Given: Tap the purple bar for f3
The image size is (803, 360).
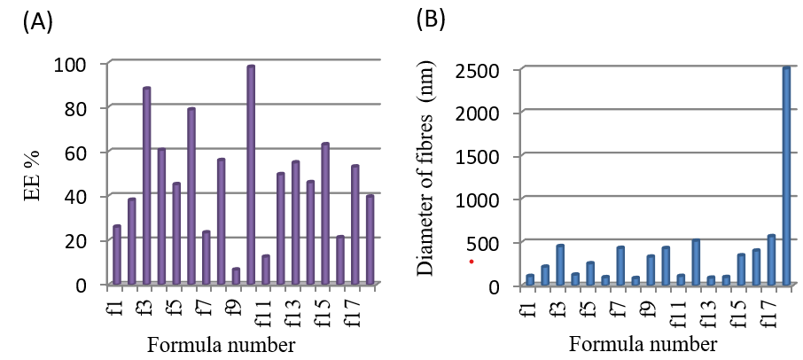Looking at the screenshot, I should click(146, 185).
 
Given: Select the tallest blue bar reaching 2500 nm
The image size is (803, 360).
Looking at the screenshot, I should click(785, 176).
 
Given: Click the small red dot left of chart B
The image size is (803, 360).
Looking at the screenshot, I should click(472, 262).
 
